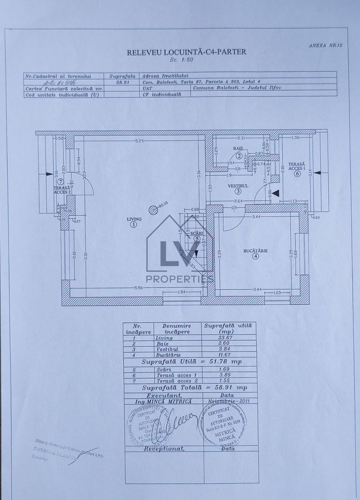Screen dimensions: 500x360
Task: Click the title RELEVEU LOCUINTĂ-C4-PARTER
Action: [186, 52]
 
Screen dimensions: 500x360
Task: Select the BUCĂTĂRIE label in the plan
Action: [255, 250]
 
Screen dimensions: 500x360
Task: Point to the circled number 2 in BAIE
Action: [239, 156]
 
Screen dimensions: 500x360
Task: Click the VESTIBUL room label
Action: [238, 185]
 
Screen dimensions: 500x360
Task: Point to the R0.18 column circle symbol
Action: [153, 210]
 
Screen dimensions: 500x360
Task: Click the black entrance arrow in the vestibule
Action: [275, 193]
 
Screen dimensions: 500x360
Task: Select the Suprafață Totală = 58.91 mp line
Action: [195, 387]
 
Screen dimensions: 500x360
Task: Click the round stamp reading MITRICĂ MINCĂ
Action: [222, 425]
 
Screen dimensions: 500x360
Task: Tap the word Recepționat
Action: [164, 449]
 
